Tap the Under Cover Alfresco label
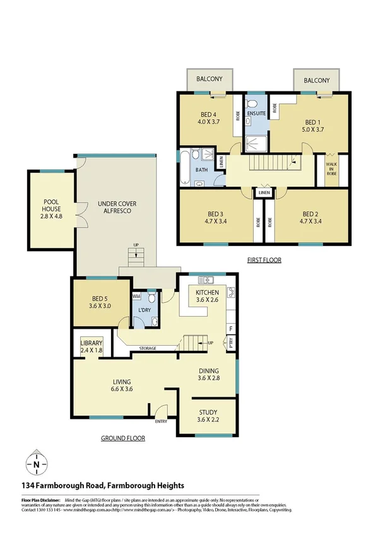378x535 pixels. click(x=117, y=208)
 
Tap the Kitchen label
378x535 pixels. click(x=207, y=293)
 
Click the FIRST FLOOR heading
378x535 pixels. click(x=264, y=260)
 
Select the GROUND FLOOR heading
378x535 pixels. click(x=123, y=438)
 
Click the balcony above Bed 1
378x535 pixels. click(x=317, y=81)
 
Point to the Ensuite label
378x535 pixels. click(x=256, y=114)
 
